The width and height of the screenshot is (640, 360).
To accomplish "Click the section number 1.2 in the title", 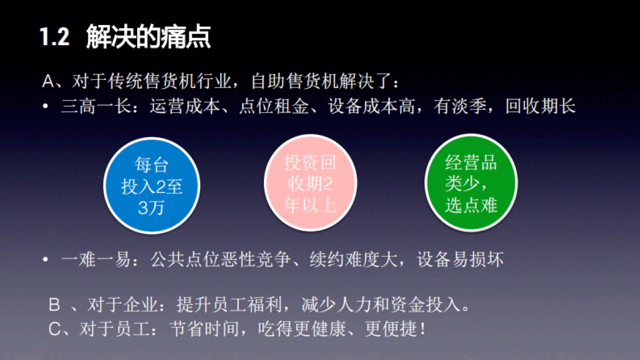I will [x=55, y=38].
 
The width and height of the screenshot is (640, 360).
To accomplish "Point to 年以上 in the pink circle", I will [x=310, y=206].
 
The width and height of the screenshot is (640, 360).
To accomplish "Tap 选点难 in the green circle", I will [x=471, y=206].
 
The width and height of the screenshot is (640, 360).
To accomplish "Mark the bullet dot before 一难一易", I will [x=46, y=260].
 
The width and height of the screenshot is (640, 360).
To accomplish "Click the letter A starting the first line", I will [x=48, y=82].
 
